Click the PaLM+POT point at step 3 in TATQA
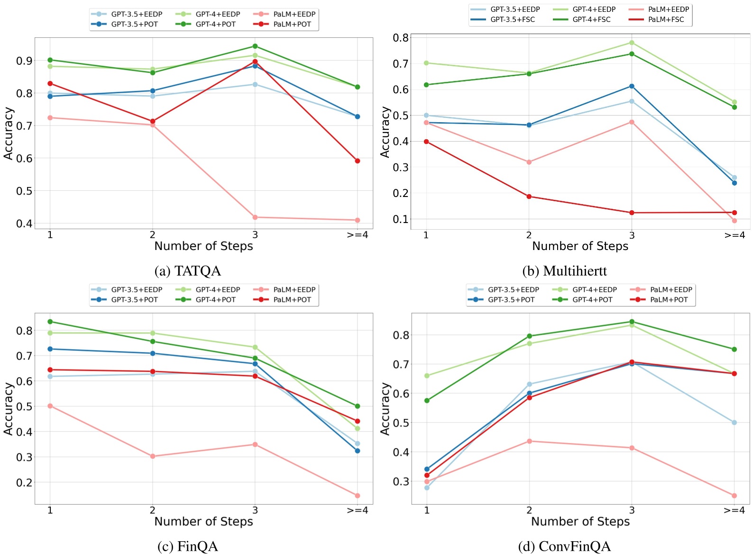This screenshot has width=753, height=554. tap(255, 62)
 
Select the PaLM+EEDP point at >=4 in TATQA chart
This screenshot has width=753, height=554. tap(357, 220)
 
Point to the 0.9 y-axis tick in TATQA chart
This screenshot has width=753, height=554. tap(24, 61)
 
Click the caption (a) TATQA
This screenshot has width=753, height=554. tap(188, 271)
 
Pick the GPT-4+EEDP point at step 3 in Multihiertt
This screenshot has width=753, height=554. tap(632, 43)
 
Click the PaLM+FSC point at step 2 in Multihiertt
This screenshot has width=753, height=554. tap(529, 197)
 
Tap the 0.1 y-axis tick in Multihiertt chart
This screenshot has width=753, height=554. tap(401, 219)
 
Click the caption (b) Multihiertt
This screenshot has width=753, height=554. tap(564, 271)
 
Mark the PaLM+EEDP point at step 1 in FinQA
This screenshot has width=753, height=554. tap(50, 406)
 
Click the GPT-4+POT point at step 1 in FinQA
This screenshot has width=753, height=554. tap(50, 322)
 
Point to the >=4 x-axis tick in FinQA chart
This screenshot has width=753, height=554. tap(357, 510)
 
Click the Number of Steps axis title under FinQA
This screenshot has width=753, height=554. tap(203, 521)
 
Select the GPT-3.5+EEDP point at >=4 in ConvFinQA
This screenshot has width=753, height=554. tap(734, 422)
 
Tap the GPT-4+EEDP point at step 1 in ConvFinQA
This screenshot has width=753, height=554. tap(427, 375)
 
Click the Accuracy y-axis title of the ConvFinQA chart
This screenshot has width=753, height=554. tap(385, 409)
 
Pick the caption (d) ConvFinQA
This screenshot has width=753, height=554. tap(564, 546)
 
